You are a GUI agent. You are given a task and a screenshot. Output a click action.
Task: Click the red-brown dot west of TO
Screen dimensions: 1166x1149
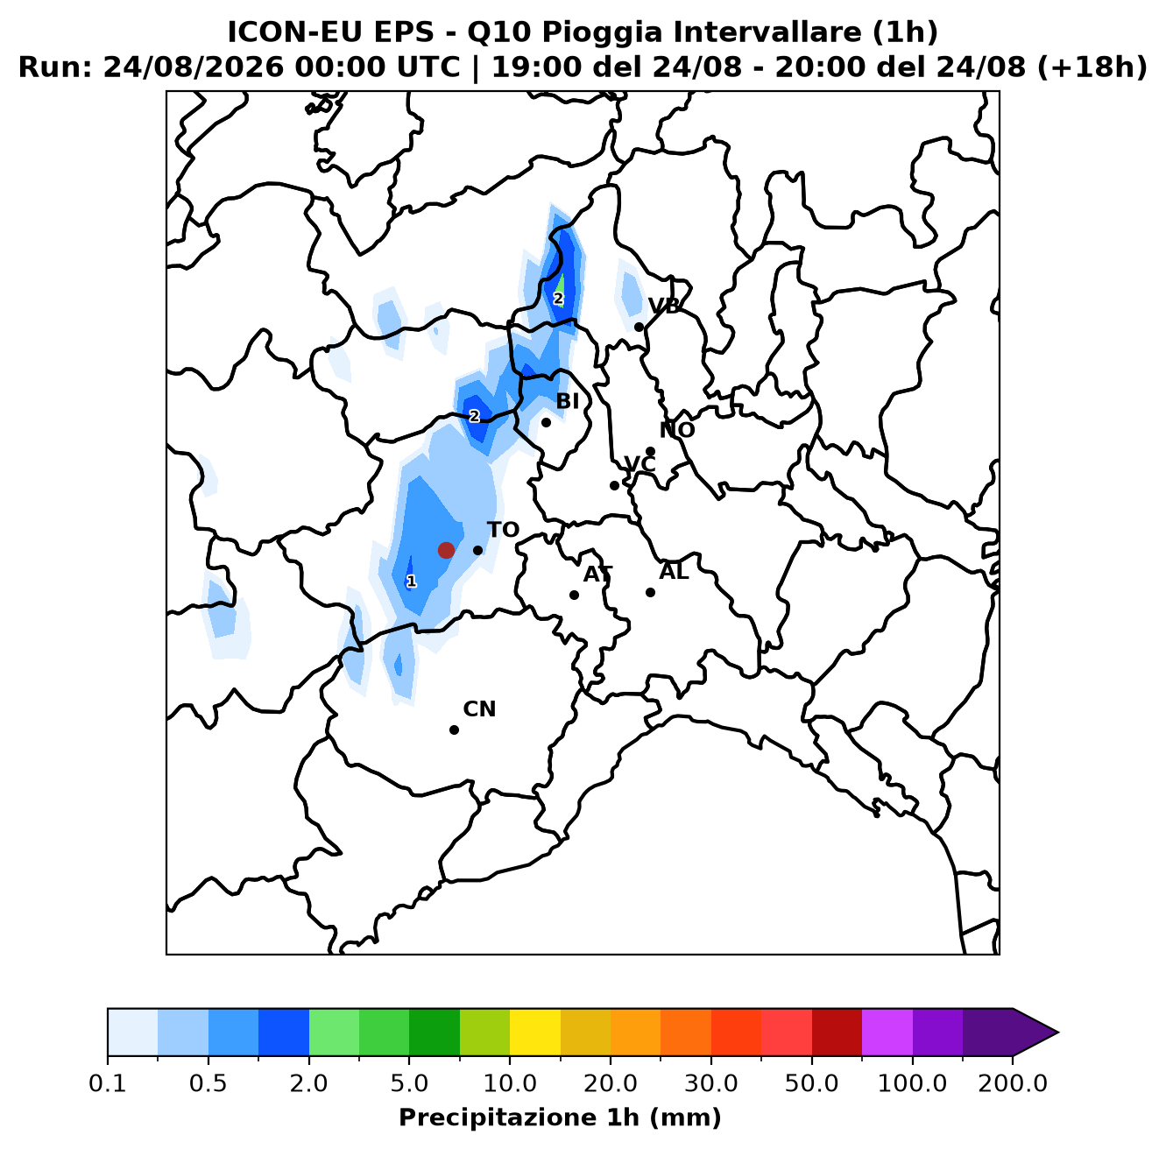[x=446, y=550]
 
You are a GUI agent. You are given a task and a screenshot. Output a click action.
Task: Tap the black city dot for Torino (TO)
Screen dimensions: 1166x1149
[x=477, y=550]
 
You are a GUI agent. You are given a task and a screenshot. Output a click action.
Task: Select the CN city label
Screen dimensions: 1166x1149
[x=479, y=708]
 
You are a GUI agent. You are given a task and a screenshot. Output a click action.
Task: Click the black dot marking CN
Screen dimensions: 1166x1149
[x=454, y=730]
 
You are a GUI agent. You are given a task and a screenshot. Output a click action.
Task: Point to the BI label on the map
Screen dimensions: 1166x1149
[x=568, y=400]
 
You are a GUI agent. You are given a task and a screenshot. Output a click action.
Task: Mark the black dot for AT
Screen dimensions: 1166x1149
[x=574, y=595]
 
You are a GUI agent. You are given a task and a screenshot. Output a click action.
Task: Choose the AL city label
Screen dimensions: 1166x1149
[x=674, y=571]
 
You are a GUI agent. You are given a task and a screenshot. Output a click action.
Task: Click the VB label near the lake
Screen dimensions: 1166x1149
[x=664, y=307]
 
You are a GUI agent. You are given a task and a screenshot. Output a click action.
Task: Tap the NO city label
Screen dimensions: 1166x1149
[x=676, y=430]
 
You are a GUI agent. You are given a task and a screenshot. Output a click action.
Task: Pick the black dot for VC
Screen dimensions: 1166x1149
[x=614, y=485]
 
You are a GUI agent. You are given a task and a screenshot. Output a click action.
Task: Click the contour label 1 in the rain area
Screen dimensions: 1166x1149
[x=411, y=582]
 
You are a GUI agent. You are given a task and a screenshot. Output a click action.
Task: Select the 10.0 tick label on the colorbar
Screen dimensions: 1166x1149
[x=510, y=1082]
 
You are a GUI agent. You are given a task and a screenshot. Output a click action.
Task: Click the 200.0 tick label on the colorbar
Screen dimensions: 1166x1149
[x=1013, y=1082]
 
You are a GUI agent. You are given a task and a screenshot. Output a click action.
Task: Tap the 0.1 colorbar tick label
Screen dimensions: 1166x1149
[x=108, y=1082]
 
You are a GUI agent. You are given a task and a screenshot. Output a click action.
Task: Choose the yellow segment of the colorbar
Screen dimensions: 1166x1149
[x=535, y=1033]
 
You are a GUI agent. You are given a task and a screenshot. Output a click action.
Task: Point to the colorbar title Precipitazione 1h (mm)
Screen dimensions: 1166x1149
[x=560, y=1117]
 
